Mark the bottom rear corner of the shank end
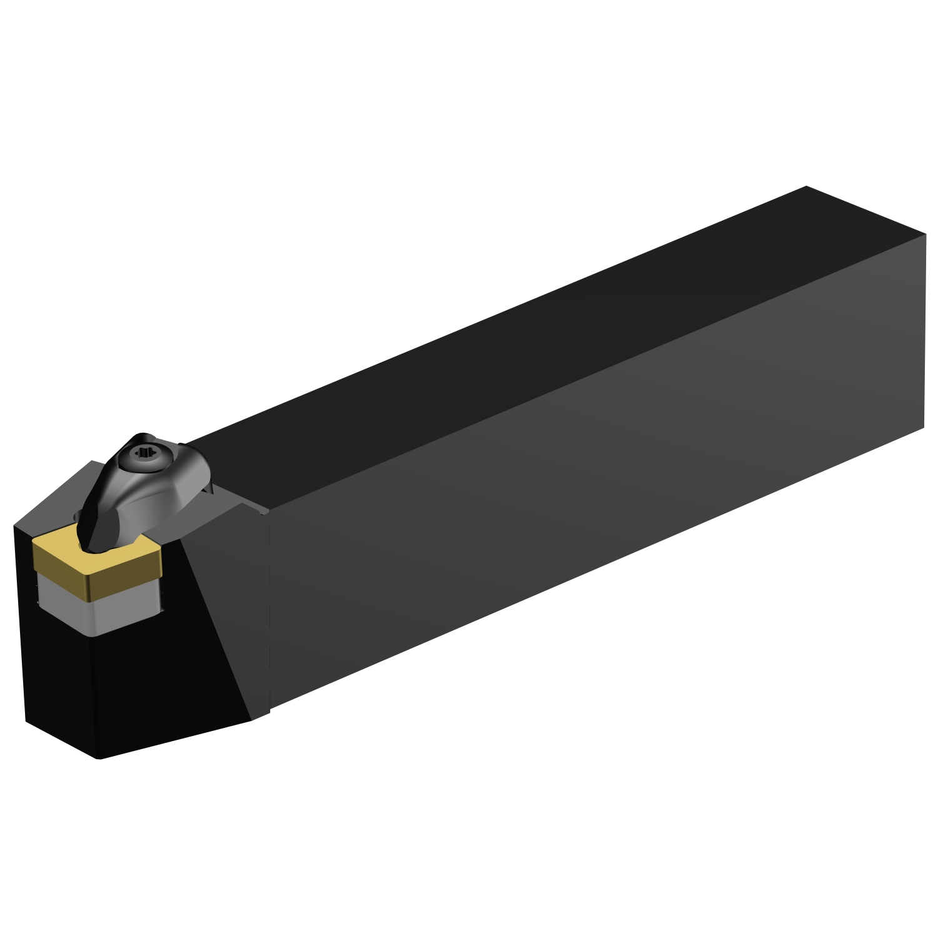coord(923,428)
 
